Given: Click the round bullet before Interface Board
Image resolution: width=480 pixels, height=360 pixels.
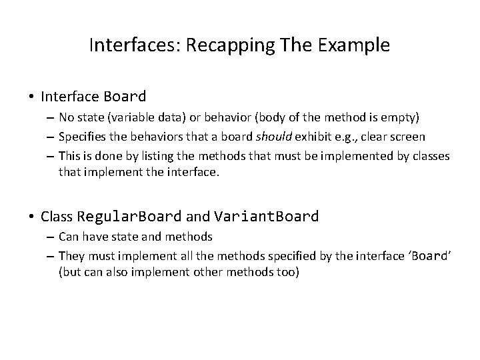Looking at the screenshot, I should pyautogui.click(x=32, y=97).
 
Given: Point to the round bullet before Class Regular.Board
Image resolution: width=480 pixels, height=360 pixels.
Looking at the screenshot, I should pyautogui.click(x=32, y=217).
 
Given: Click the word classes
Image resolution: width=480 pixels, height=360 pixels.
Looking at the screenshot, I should pyautogui.click(x=431, y=156).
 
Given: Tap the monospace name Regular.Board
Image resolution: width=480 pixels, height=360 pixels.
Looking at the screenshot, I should pyautogui.click(x=129, y=217).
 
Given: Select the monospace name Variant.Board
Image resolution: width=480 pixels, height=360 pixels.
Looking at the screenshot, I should pyautogui.click(x=266, y=217).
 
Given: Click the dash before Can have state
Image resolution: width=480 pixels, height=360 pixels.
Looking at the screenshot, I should pyautogui.click(x=50, y=237).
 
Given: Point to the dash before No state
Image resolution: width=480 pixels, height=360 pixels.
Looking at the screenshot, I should pyautogui.click(x=50, y=119).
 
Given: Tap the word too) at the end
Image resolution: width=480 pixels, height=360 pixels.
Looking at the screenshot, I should pyautogui.click(x=286, y=273).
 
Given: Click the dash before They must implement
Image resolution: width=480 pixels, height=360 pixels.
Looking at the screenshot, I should pyautogui.click(x=50, y=255).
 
